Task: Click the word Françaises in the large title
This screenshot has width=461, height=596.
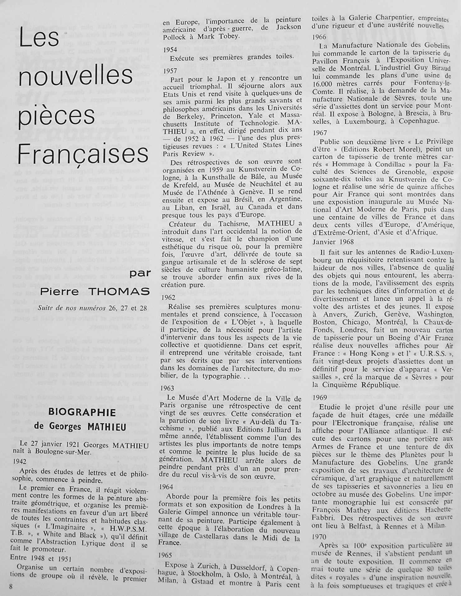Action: (x=83, y=153)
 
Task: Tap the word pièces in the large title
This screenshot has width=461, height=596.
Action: (x=57, y=115)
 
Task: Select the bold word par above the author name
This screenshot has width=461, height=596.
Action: (x=140, y=274)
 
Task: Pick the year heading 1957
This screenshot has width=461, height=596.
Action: (x=170, y=71)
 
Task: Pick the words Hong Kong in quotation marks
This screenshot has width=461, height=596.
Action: (x=371, y=353)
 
